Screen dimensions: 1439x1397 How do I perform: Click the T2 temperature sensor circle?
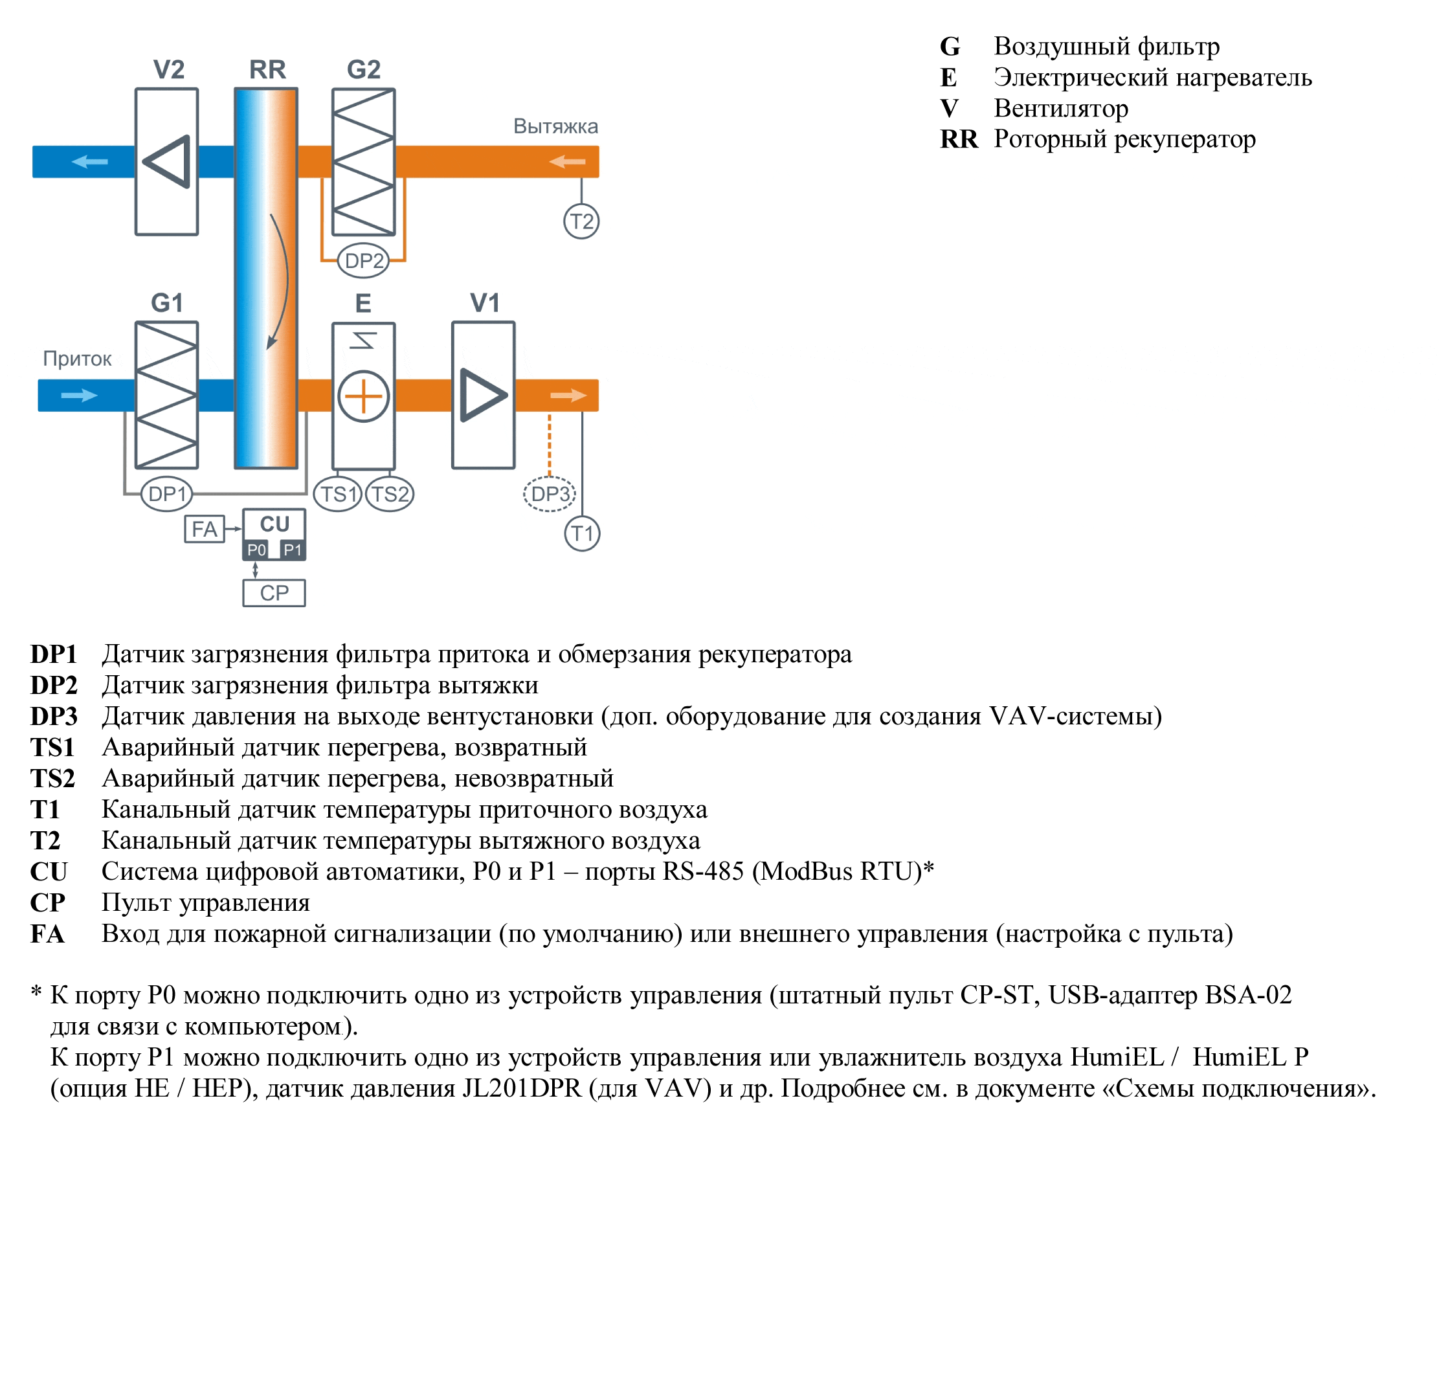click(x=581, y=221)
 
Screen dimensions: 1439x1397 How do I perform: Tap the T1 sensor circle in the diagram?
click(x=582, y=533)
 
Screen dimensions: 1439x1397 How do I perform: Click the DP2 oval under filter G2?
click(x=363, y=261)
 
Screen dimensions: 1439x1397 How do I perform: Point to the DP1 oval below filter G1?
click(x=166, y=494)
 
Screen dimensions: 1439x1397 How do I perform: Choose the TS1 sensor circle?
click(x=338, y=494)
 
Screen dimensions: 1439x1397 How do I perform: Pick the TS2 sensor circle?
click(x=390, y=494)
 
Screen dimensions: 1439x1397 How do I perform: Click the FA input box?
click(x=204, y=528)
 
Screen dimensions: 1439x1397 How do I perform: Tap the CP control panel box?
click(x=274, y=592)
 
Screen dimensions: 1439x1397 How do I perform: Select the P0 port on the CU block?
click(x=256, y=550)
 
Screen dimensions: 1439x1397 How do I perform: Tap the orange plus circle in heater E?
click(x=363, y=396)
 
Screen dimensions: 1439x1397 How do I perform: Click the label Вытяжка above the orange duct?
click(x=556, y=126)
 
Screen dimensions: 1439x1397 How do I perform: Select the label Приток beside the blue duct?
click(x=77, y=359)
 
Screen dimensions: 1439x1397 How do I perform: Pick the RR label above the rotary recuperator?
click(x=267, y=69)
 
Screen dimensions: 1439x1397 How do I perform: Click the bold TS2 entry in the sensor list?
click(x=53, y=778)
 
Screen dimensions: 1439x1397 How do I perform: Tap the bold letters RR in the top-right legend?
click(x=959, y=139)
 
